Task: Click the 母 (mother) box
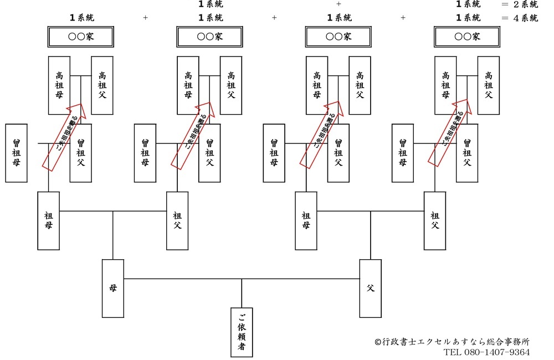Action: point(113,288)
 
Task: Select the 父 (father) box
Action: point(371,288)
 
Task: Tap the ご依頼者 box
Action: point(242,332)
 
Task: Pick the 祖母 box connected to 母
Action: point(48,220)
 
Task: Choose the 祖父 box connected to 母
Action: point(177,220)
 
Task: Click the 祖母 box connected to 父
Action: point(306,220)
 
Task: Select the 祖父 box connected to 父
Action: point(435,220)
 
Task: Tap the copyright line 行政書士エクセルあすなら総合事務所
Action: point(452,342)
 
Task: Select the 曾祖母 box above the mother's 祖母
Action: point(16,153)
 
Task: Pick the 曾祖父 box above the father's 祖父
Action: point(467,153)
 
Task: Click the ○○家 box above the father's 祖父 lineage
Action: point(467,37)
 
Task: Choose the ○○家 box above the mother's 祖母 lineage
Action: point(80,37)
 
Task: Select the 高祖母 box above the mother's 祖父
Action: point(188,85)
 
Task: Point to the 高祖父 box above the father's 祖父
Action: point(489,85)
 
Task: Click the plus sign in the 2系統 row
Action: point(338,4)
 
